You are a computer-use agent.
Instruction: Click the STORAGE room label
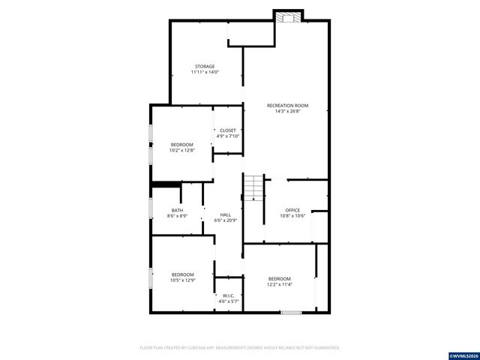(x=205, y=67)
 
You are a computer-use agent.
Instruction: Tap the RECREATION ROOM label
(x=287, y=106)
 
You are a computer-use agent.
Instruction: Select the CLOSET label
(x=227, y=130)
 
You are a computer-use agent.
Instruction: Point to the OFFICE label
(x=292, y=210)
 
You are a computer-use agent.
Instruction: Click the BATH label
(x=177, y=210)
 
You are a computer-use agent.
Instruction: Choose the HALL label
(x=225, y=214)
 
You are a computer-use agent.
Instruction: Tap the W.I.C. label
(x=229, y=295)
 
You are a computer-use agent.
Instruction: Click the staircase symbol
(x=254, y=187)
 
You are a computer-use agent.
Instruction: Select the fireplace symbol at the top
(x=287, y=16)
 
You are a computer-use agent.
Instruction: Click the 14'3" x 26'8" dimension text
(x=287, y=112)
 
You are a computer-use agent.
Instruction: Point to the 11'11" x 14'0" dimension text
(x=205, y=72)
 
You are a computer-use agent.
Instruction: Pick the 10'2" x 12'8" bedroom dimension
(x=182, y=150)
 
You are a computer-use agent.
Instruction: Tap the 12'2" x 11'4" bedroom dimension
(x=280, y=284)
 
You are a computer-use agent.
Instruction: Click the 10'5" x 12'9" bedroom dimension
(x=182, y=280)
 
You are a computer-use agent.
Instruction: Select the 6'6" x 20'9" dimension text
(x=225, y=220)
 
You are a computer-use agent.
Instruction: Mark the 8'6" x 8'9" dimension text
(x=177, y=216)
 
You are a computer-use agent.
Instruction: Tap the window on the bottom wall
(x=291, y=312)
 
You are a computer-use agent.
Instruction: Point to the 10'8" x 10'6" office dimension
(x=292, y=216)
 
